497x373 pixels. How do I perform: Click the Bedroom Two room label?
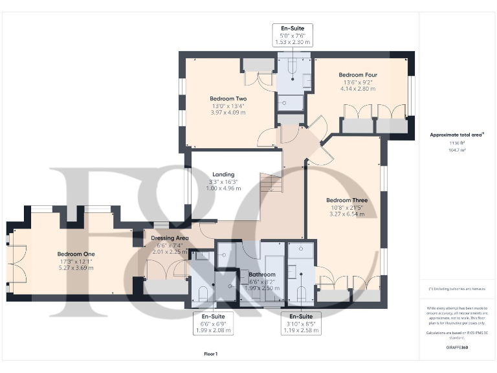click(223, 98)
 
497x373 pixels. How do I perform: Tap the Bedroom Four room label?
click(357, 75)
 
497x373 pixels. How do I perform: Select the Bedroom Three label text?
click(347, 200)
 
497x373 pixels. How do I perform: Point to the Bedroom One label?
click(76, 254)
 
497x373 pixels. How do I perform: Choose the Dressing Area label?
click(170, 238)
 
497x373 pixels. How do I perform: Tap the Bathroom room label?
click(262, 274)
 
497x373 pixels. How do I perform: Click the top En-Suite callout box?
click(293, 35)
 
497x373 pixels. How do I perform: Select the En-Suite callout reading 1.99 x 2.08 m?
click(213, 323)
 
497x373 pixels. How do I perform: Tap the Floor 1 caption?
click(210, 354)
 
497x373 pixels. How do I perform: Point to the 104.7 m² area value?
click(458, 150)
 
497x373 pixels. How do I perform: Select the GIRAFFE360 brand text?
click(458, 348)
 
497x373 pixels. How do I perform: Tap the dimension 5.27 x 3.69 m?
click(76, 267)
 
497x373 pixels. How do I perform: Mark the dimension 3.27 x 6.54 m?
click(347, 214)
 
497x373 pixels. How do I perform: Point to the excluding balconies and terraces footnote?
click(458, 288)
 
